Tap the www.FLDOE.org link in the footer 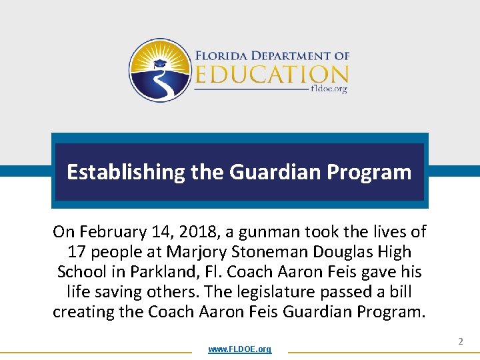click(239, 349)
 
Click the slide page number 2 click(460, 341)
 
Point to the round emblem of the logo click(160, 70)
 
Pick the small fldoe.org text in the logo click(329, 89)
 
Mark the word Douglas click(351, 252)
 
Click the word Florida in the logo click(221, 56)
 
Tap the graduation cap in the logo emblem click(159, 64)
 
